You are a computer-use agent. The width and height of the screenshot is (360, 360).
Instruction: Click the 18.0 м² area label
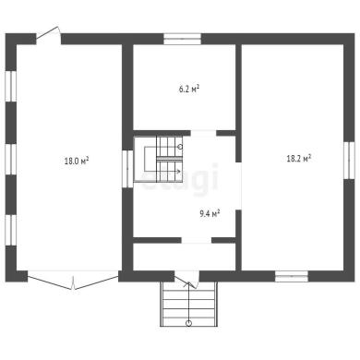click(77, 161)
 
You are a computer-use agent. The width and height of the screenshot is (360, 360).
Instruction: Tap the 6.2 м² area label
click(189, 90)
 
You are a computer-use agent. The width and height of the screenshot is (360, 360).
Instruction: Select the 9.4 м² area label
click(210, 213)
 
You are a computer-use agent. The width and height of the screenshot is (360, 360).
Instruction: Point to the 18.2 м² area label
click(299, 159)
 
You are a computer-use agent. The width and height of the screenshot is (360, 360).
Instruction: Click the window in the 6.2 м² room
click(182, 39)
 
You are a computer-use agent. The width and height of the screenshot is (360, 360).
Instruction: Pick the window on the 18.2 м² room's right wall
click(349, 161)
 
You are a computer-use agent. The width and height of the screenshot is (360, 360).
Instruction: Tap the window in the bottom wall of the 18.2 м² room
click(292, 276)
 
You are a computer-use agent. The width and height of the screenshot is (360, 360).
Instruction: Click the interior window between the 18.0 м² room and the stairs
click(127, 169)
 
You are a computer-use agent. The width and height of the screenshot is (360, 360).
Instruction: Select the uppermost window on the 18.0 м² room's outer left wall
click(11, 86)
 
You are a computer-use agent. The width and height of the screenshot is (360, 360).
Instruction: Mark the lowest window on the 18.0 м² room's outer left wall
click(11, 230)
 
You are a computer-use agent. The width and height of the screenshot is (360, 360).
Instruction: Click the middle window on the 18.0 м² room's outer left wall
click(11, 160)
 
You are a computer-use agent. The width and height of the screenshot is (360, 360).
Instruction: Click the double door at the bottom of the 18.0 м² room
click(73, 280)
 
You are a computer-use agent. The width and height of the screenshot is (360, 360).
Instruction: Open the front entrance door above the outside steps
click(186, 280)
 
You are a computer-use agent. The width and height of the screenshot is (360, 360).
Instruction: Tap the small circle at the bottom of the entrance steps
click(188, 323)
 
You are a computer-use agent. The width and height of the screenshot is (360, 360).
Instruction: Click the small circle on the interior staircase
click(180, 147)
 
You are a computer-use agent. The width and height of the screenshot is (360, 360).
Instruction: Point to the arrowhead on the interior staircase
click(178, 171)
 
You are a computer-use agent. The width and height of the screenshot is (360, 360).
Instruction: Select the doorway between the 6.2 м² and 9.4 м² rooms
click(203, 133)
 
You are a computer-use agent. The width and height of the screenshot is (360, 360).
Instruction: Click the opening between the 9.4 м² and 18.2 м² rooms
click(238, 186)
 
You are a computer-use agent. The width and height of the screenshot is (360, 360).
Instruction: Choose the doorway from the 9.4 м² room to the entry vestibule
click(197, 240)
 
